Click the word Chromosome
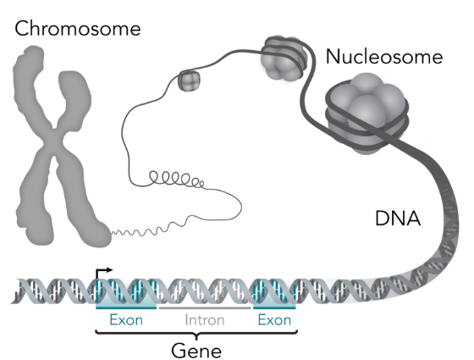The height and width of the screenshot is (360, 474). [78, 29]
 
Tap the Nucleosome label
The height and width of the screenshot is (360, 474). [384, 57]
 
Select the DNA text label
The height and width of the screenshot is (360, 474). [398, 219]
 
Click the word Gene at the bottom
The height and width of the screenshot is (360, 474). [196, 351]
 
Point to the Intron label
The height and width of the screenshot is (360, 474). [205, 320]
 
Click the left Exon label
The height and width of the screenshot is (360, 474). [126, 320]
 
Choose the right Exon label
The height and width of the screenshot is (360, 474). [274, 320]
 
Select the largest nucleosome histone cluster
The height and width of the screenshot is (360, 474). [367, 114]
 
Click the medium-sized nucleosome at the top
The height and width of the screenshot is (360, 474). [284, 58]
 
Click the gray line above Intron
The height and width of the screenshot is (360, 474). [205, 308]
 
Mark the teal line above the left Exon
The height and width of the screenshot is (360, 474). [126, 308]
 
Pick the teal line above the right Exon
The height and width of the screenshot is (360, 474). [274, 308]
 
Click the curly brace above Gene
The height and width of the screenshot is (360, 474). [196, 334]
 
